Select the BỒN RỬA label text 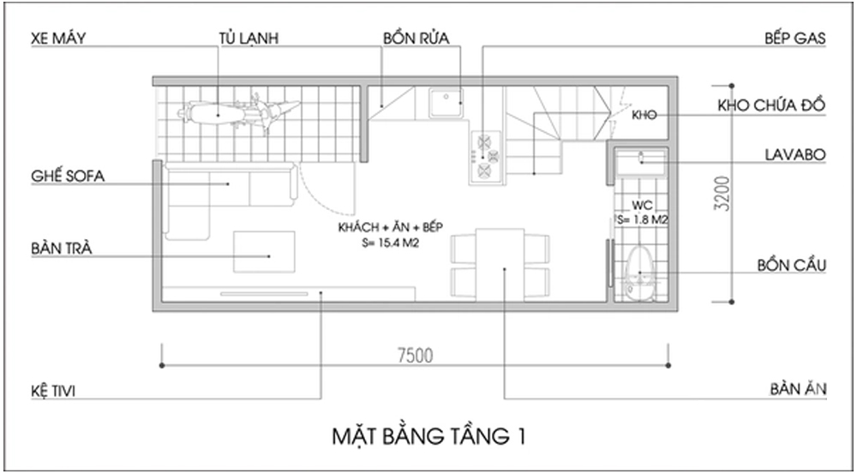pyautogui.click(x=417, y=39)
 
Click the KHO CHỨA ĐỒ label pyautogui.click(x=770, y=105)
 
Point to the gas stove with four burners pyautogui.click(x=487, y=156)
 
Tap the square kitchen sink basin pyautogui.click(x=446, y=103)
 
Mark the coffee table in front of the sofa pyautogui.click(x=265, y=254)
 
